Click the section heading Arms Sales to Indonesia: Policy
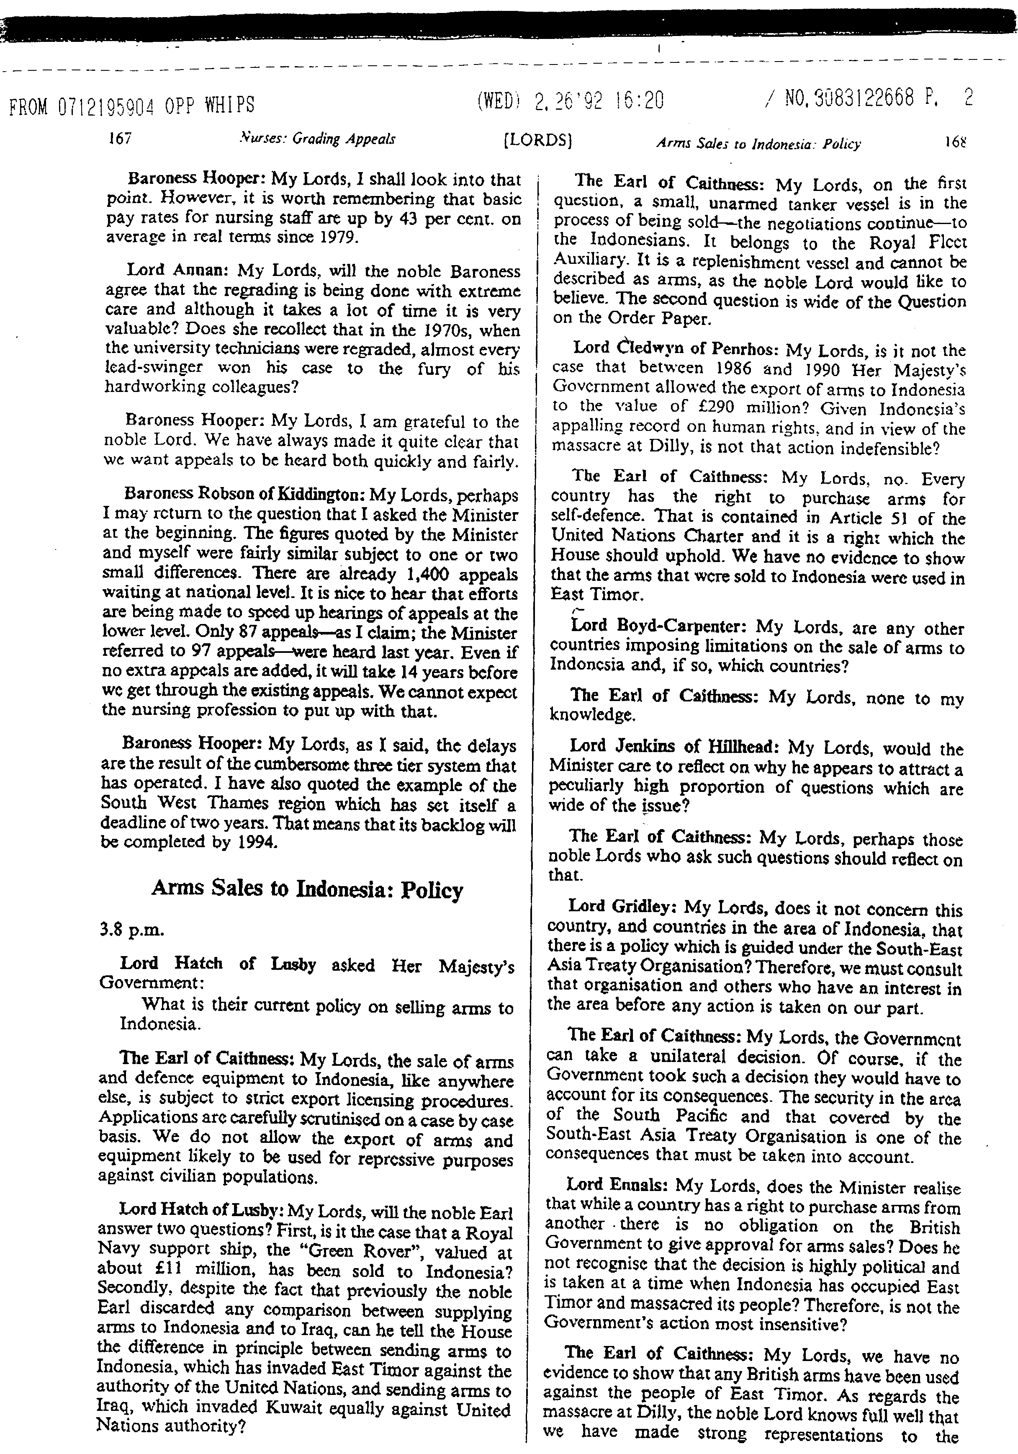(x=307, y=889)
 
